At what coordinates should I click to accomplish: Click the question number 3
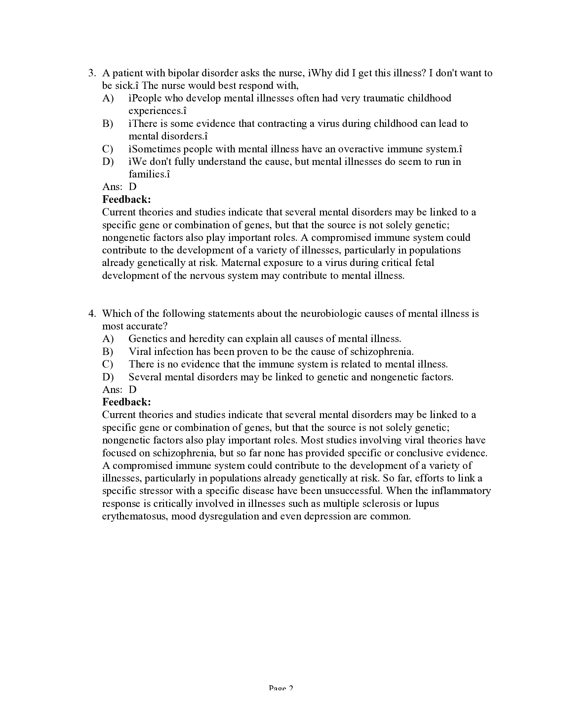(x=92, y=73)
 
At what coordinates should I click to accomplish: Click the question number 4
(x=92, y=314)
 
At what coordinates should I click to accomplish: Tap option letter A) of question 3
(x=108, y=98)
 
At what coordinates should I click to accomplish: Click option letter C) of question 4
(x=108, y=364)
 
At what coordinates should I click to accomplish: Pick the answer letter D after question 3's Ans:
(x=133, y=187)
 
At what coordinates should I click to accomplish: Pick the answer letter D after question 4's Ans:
(x=133, y=390)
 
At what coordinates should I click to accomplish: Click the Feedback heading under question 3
(x=127, y=199)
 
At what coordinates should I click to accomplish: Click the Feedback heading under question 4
(x=127, y=402)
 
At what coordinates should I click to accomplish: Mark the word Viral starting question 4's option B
(x=140, y=352)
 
